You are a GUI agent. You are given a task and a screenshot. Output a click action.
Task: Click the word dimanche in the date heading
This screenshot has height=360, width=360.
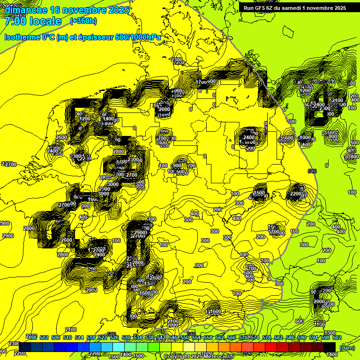[x=25, y=10]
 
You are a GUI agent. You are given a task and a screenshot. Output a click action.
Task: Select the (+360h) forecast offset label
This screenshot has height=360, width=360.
[x=83, y=21]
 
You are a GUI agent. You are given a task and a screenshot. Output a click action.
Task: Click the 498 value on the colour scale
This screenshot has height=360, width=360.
[x=32, y=337]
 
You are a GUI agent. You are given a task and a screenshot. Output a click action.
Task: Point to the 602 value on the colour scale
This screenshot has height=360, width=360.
[x=337, y=337]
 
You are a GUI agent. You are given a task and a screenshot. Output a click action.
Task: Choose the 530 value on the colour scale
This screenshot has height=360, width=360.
[x=126, y=337]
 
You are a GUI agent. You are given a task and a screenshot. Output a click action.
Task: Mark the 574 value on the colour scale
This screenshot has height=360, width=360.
[x=255, y=337]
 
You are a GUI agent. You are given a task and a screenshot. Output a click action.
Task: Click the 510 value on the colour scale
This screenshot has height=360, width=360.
[x=67, y=337]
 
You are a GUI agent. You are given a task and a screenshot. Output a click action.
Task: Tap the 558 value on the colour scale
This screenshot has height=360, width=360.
[x=208, y=337]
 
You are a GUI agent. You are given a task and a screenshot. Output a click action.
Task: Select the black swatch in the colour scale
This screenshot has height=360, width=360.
[x=330, y=346]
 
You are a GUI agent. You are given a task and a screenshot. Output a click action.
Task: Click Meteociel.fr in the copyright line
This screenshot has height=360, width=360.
[x=219, y=357]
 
